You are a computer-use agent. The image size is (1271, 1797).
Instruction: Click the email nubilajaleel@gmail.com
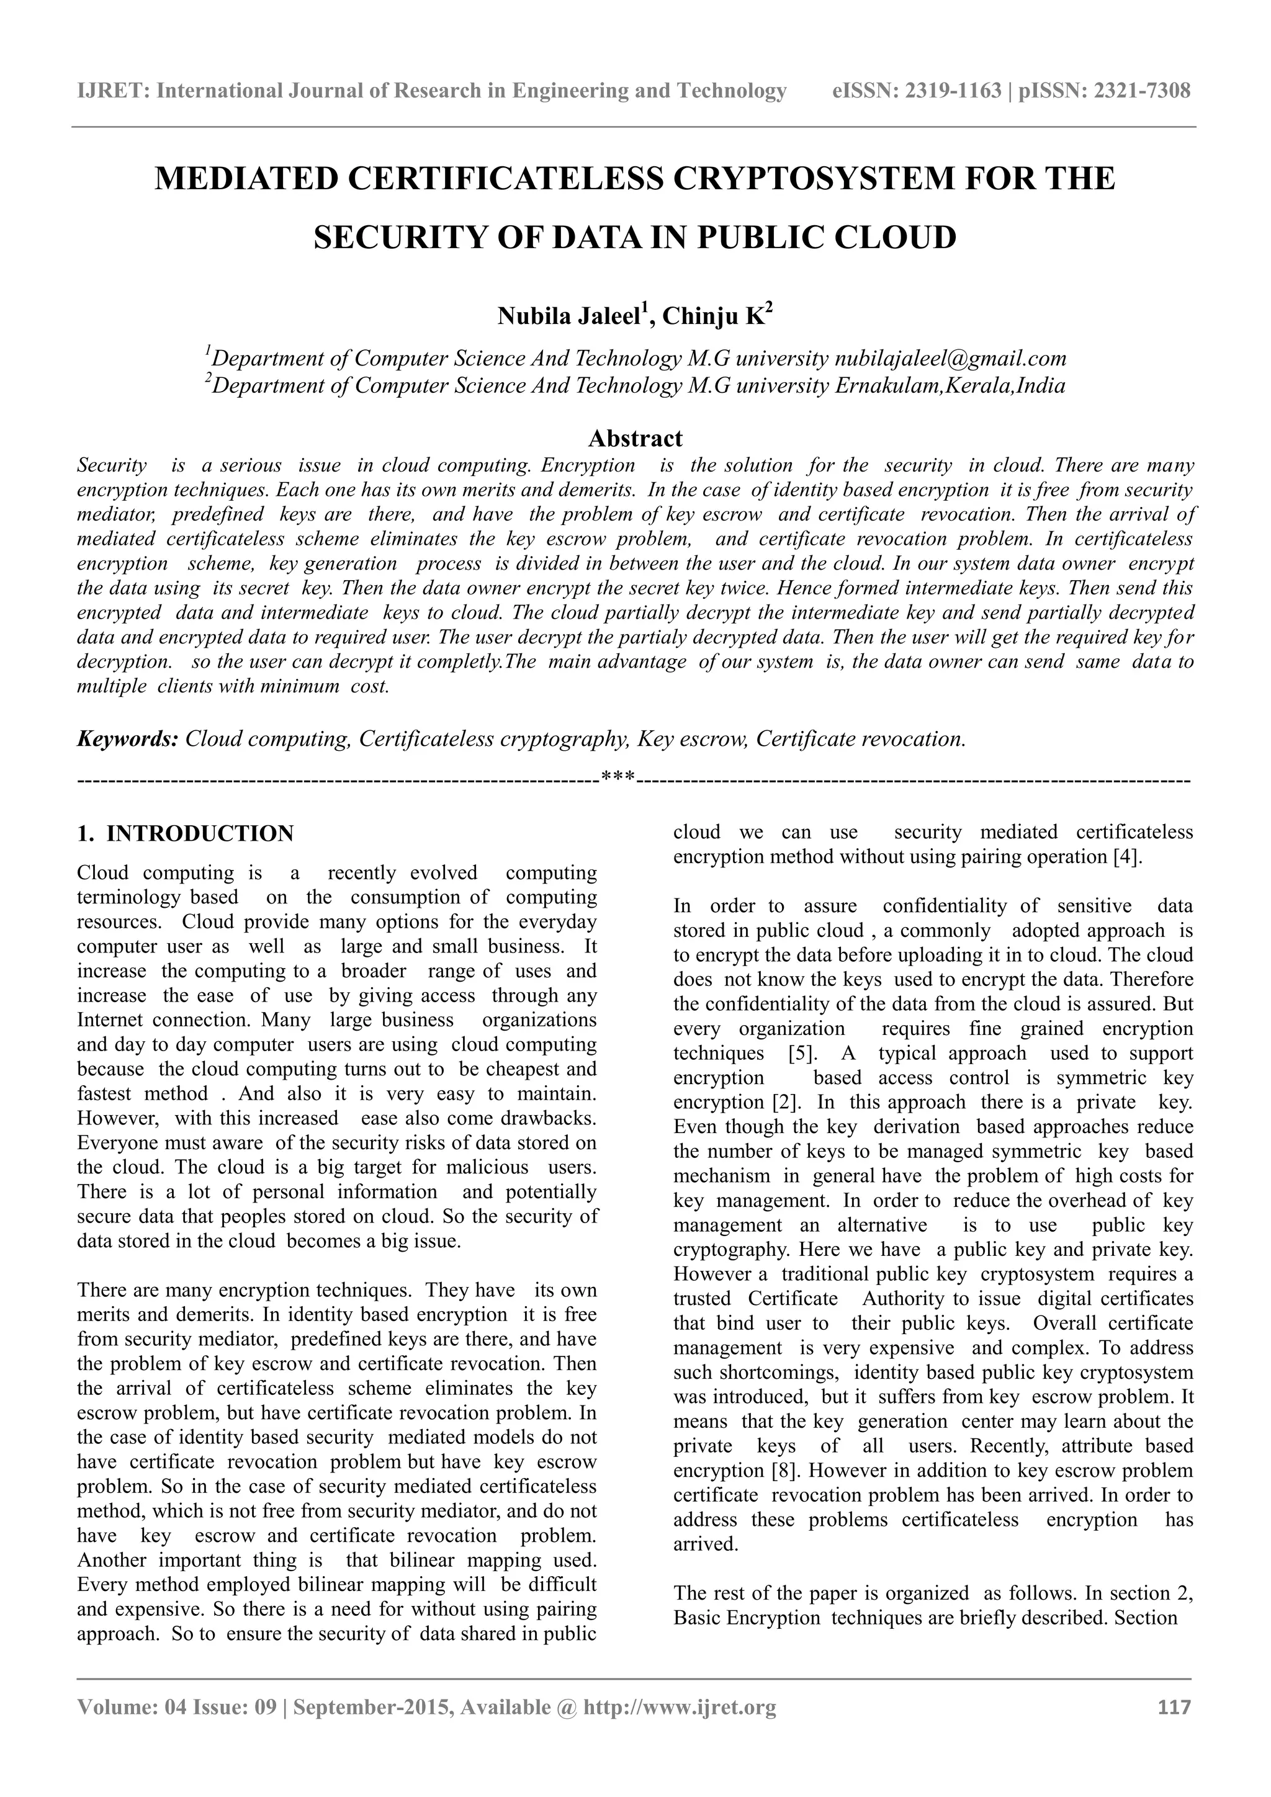[x=950, y=359]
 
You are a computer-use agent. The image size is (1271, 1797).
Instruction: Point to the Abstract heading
[x=635, y=437]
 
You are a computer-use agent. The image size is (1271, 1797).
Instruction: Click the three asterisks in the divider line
[x=618, y=778]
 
